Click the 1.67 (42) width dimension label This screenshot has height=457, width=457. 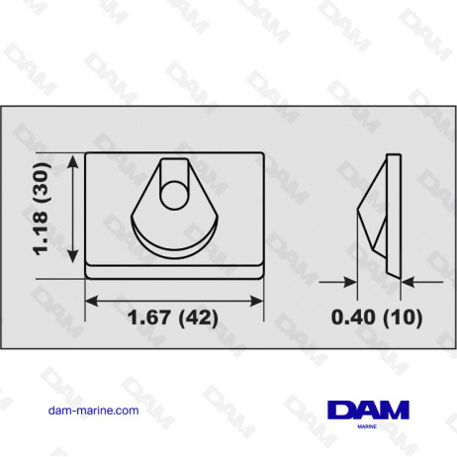[175, 319]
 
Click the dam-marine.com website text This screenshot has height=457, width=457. [93, 410]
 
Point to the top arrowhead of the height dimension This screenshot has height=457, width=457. [71, 156]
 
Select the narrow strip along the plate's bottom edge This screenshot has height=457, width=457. [175, 268]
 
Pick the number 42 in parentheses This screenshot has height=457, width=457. [199, 319]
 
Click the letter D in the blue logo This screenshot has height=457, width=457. [342, 409]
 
